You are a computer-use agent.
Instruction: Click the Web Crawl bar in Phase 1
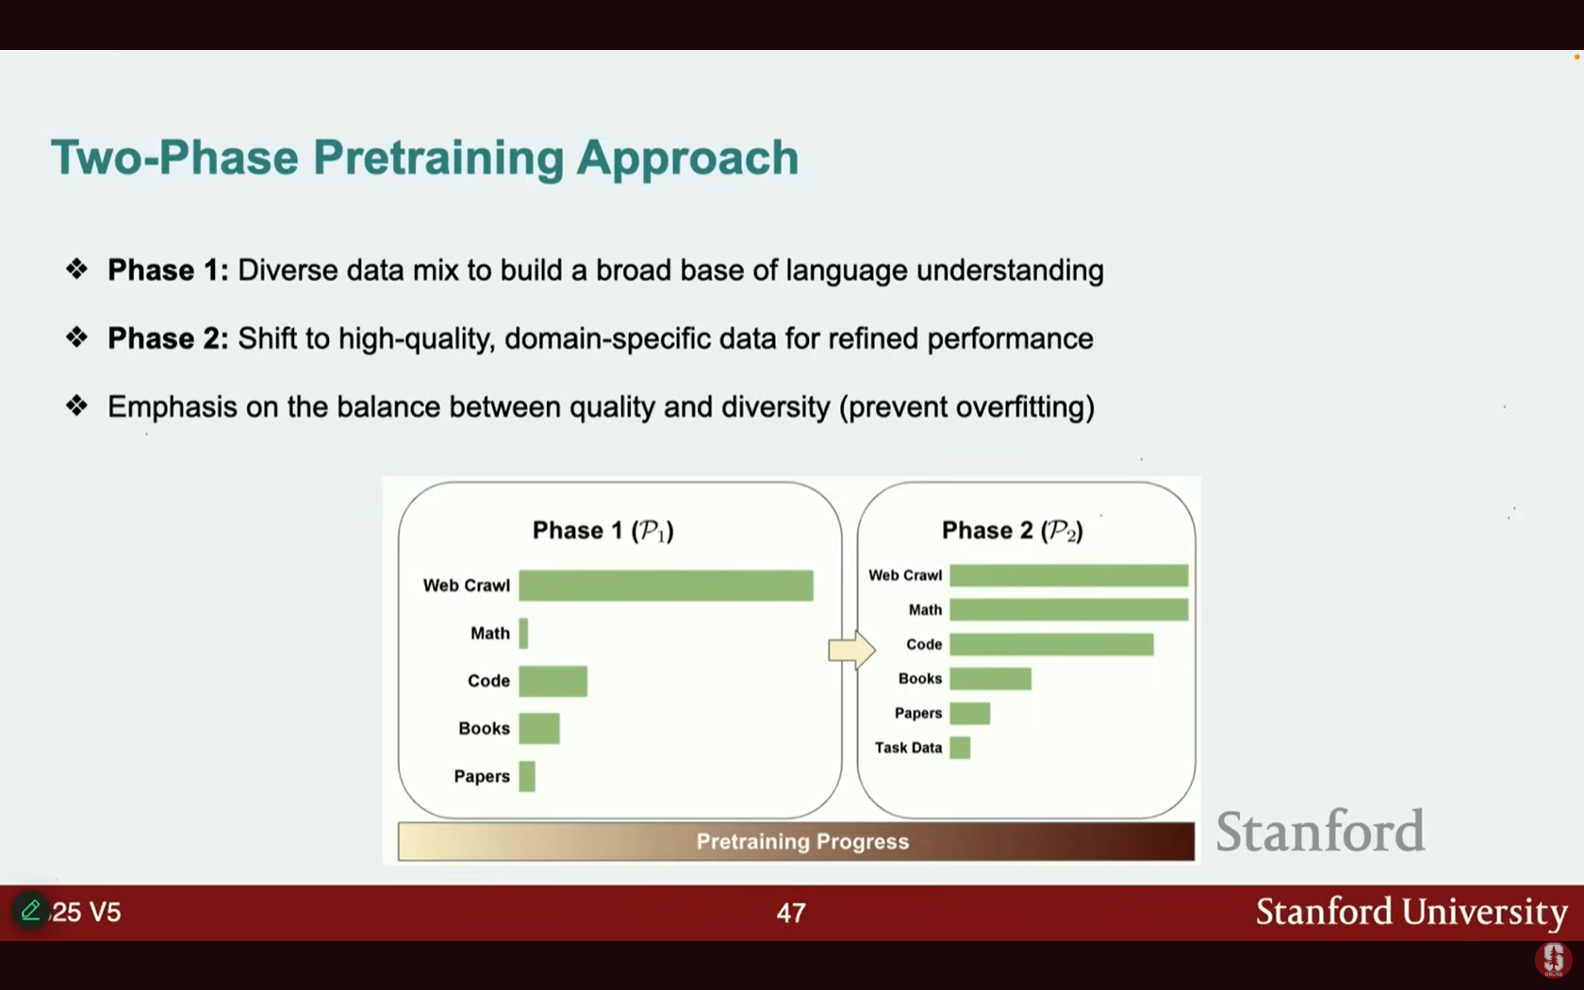(x=666, y=586)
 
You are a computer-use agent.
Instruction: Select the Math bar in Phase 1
(x=523, y=634)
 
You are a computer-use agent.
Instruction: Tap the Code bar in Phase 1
(x=553, y=681)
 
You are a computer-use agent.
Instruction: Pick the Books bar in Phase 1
(x=539, y=728)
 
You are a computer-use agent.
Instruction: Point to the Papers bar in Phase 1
(x=527, y=777)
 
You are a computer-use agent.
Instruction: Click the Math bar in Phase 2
(x=1069, y=609)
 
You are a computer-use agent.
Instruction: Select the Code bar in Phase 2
(x=1051, y=644)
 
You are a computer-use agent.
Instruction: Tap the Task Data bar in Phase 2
(x=960, y=748)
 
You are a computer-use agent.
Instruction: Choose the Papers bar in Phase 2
(x=970, y=713)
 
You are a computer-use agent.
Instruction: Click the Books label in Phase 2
(x=920, y=679)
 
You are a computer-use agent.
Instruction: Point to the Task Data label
(x=908, y=748)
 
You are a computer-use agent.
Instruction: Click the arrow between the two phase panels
(x=852, y=649)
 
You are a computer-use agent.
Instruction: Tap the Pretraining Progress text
(x=802, y=841)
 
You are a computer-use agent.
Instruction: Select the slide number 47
(x=791, y=913)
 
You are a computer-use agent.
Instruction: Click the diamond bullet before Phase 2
(x=76, y=338)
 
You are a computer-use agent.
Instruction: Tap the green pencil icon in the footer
(x=30, y=910)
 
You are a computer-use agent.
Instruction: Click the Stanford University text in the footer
(x=1411, y=912)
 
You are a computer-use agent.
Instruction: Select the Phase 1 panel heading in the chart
(x=603, y=531)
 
